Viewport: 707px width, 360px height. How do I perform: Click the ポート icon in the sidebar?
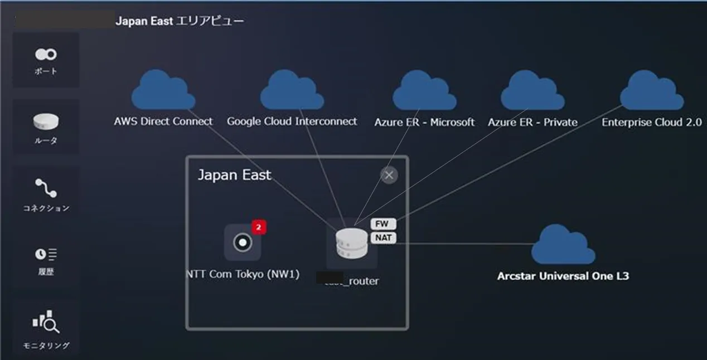(46, 55)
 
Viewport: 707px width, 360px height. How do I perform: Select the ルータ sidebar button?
(46, 122)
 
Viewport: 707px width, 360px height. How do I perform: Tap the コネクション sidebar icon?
(46, 188)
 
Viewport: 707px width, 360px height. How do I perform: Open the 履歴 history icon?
(46, 255)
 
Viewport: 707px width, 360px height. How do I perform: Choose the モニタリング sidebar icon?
(46, 322)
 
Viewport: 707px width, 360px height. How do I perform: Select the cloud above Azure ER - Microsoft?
(424, 91)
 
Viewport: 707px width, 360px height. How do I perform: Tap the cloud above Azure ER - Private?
(532, 91)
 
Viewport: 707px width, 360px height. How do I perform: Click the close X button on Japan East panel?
(389, 175)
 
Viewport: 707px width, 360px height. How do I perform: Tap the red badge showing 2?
(258, 227)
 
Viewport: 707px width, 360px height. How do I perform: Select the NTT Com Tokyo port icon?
(243, 242)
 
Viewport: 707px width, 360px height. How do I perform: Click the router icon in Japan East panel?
(352, 244)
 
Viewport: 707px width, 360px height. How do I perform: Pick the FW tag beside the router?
(382, 224)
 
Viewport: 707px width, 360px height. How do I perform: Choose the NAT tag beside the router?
(384, 238)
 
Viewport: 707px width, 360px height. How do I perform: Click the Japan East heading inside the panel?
(234, 175)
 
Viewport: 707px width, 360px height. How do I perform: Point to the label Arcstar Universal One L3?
(563, 276)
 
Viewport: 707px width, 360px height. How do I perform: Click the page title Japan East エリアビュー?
(180, 21)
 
